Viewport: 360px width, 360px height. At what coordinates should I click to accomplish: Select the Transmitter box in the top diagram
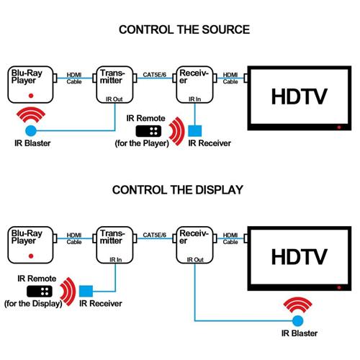[x=114, y=84]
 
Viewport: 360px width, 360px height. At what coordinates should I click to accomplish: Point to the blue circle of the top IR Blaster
[x=30, y=131]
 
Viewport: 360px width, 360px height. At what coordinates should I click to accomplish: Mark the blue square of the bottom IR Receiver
[x=86, y=292]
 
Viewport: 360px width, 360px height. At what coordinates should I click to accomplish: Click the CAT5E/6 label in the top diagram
[x=155, y=73]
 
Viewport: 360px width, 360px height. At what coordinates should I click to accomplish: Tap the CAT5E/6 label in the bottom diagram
[x=155, y=235]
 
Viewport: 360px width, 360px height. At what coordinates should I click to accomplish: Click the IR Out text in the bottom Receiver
[x=194, y=258]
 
